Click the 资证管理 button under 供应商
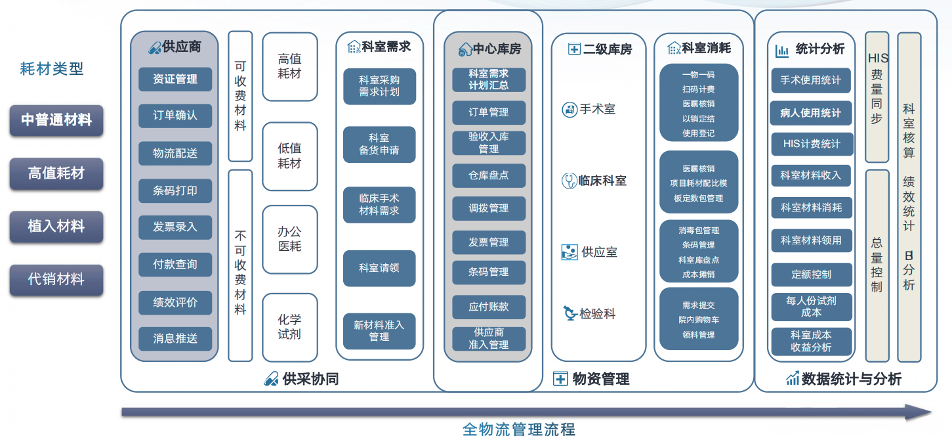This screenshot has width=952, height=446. (175, 79)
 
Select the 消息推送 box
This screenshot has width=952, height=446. (175, 339)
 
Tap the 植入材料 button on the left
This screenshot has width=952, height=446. (56, 227)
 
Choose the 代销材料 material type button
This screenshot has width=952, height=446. (56, 280)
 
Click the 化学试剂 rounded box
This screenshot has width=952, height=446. (290, 327)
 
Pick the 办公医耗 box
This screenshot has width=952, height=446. (290, 239)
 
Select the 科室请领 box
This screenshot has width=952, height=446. (379, 268)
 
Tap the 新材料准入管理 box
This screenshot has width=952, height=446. (379, 331)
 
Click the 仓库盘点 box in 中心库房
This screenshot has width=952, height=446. (489, 175)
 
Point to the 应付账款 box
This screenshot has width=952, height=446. (489, 307)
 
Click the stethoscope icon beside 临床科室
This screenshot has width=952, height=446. (569, 181)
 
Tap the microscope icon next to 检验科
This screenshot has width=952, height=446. (570, 313)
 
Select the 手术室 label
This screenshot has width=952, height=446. (598, 110)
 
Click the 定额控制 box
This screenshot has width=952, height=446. (812, 275)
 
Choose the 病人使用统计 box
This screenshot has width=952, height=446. (811, 113)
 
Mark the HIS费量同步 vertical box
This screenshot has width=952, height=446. (877, 97)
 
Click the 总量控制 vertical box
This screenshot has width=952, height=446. (877, 265)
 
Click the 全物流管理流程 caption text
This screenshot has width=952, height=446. (518, 430)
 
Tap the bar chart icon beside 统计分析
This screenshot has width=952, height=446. (782, 51)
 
